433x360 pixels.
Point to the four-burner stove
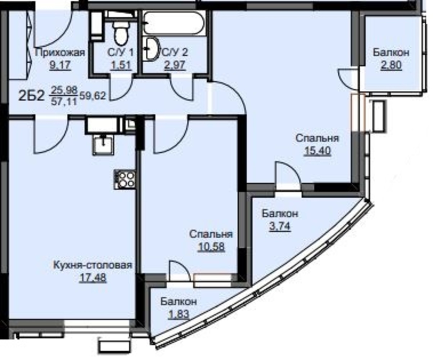125,179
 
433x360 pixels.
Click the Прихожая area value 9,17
60,65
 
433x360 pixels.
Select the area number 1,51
121,65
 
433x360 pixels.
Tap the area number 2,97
175,65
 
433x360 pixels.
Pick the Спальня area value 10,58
211,247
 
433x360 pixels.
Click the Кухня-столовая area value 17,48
93,278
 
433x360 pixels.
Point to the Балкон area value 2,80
391,65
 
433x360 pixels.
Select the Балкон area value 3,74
280,226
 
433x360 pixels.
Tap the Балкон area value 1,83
178,314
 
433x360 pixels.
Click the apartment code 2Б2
32,96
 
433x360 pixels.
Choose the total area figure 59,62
93,96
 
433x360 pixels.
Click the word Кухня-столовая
93,265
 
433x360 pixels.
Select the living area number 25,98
64,90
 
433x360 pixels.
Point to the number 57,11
64,102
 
